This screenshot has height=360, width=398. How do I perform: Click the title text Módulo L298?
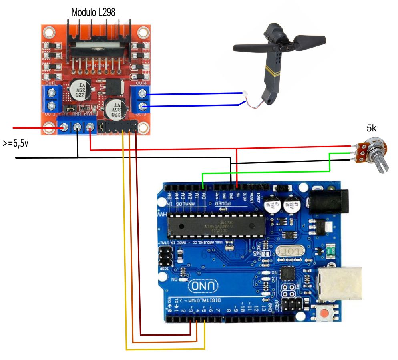(x=93, y=12)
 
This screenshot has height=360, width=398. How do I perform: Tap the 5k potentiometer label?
(x=372, y=128)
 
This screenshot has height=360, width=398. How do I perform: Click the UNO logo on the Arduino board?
(x=204, y=286)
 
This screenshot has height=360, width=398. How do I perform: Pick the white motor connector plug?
(x=245, y=94)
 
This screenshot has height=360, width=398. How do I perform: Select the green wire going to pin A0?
(x=264, y=173)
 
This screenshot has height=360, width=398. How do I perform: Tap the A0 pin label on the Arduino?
(x=203, y=196)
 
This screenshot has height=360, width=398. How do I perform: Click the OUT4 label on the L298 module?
(x=141, y=83)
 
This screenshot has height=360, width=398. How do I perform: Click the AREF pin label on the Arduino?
(x=276, y=306)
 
